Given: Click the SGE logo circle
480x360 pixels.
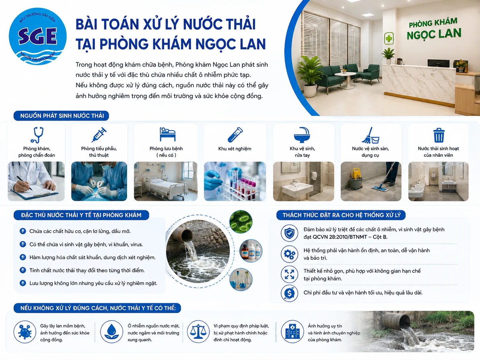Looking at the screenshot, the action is pyautogui.click(x=37, y=36).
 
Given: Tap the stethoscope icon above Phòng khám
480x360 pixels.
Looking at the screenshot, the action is pyautogui.click(x=37, y=135).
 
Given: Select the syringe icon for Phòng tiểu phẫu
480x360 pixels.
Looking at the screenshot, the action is pyautogui.click(x=99, y=135).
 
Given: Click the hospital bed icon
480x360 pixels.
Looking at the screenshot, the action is pyautogui.click(x=167, y=134).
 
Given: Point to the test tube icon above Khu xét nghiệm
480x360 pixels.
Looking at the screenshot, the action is pyautogui.click(x=235, y=135).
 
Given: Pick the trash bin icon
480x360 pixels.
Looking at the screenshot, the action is pyautogui.click(x=439, y=135).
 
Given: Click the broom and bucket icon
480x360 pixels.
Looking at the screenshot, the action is pyautogui.click(x=370, y=135).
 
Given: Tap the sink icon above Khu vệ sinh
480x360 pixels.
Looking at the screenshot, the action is pyautogui.click(x=302, y=135).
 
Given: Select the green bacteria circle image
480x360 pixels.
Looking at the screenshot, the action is pyautogui.click(x=241, y=222).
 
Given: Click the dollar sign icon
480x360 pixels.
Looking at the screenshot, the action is pyautogui.click(x=289, y=293).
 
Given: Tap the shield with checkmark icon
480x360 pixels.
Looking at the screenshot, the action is pyautogui.click(x=289, y=233).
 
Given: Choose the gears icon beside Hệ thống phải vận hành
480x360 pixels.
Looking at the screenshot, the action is pyautogui.click(x=289, y=254).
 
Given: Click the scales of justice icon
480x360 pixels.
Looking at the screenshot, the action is pyautogui.click(x=198, y=331).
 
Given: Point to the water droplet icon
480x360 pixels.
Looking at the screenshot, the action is pyautogui.click(x=111, y=331).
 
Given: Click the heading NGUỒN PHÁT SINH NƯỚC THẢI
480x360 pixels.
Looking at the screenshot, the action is pyautogui.click(x=62, y=116).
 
